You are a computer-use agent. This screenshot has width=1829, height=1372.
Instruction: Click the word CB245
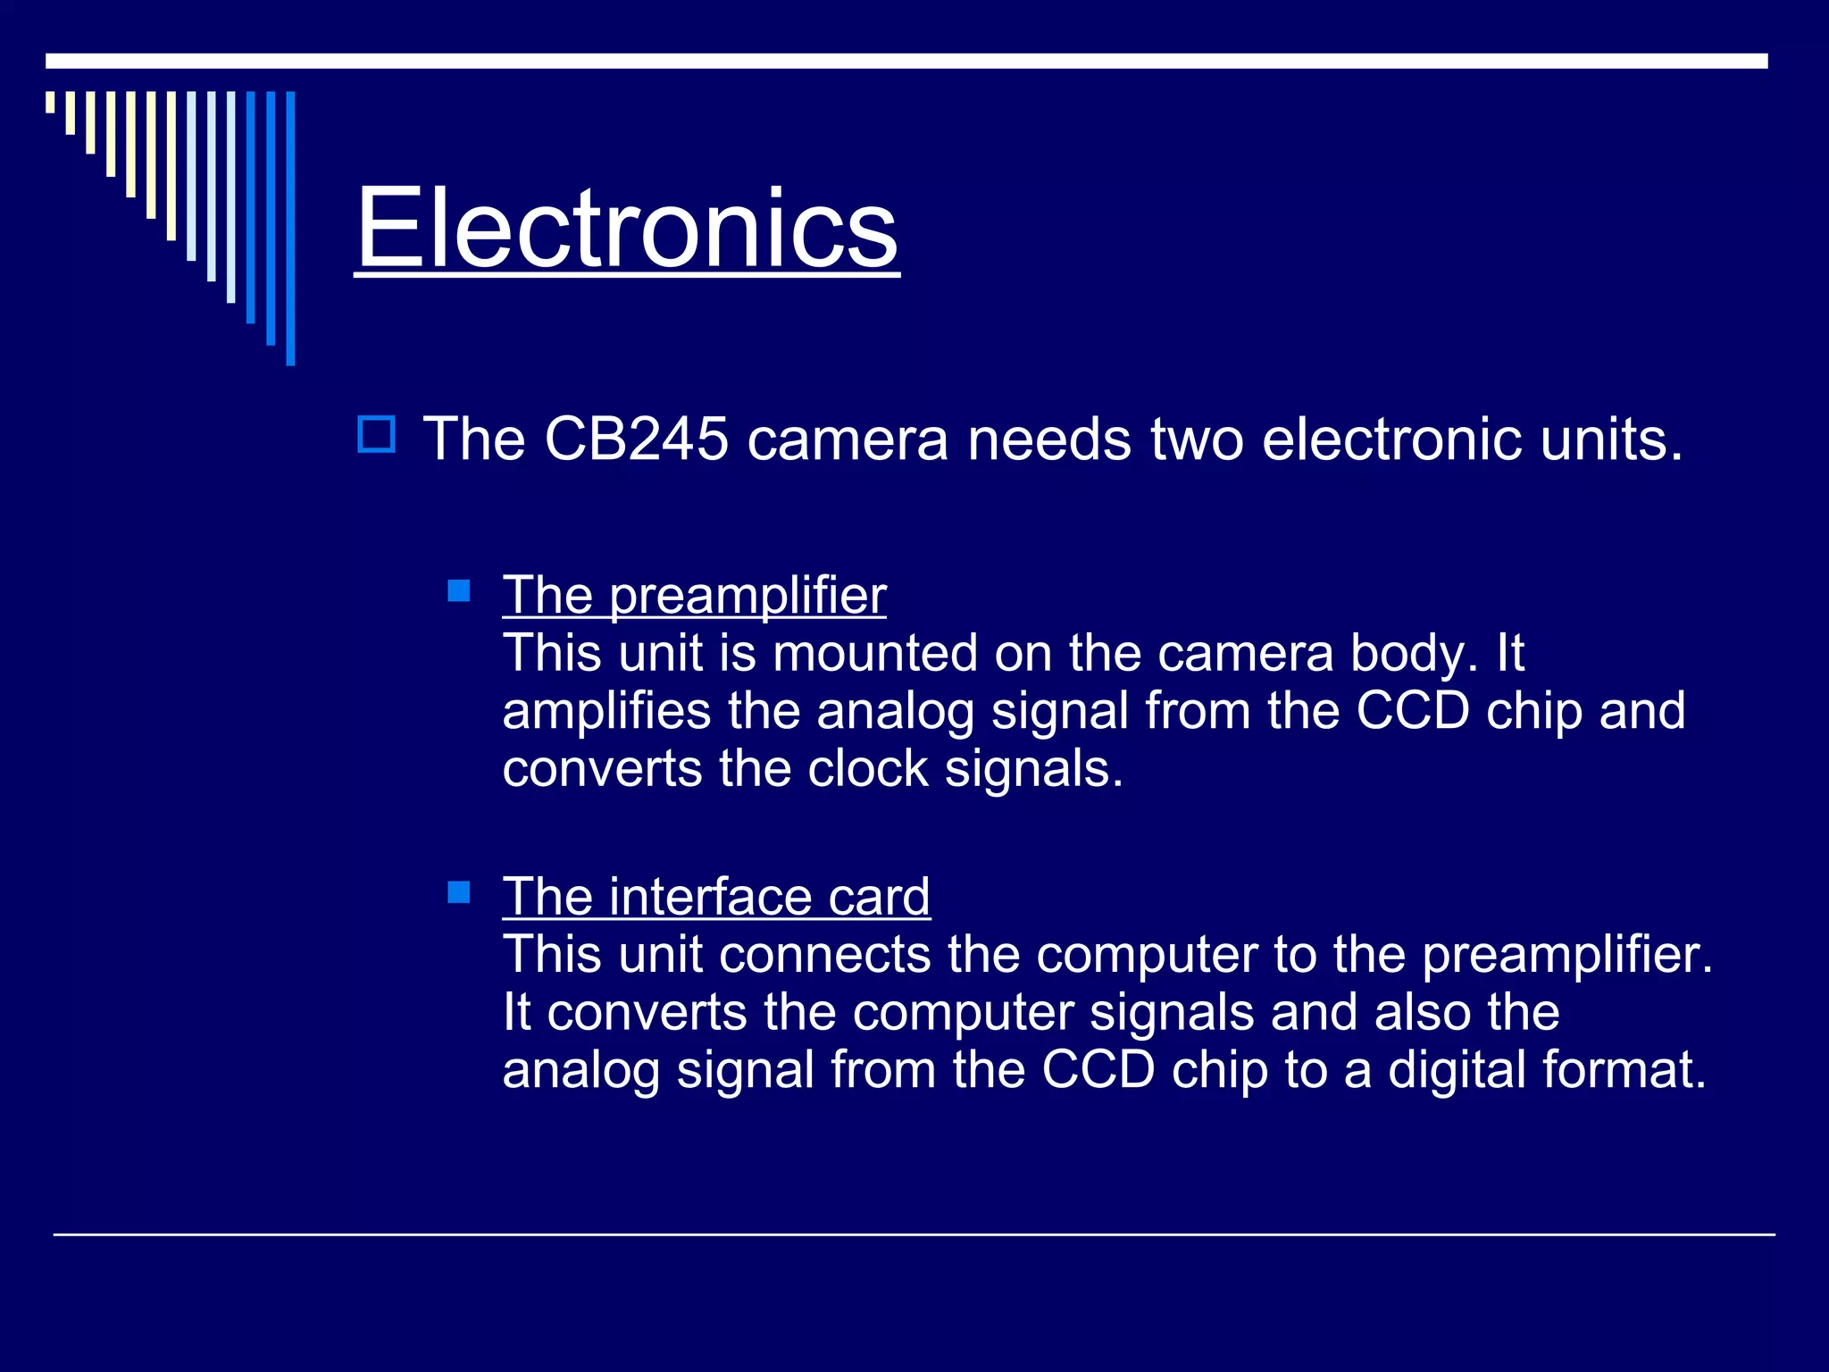(636, 439)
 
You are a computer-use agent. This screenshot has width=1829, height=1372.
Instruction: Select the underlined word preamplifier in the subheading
(748, 596)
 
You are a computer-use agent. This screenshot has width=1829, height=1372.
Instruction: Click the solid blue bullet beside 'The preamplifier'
(459, 590)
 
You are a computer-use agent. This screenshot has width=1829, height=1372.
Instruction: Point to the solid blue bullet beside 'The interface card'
(459, 891)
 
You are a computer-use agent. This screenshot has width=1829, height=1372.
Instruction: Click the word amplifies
(606, 712)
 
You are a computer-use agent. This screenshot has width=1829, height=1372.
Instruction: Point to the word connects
(825, 955)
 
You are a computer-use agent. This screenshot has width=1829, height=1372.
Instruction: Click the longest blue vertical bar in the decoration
(290, 228)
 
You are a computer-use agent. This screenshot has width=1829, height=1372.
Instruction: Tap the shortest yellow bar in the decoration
(51, 102)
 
